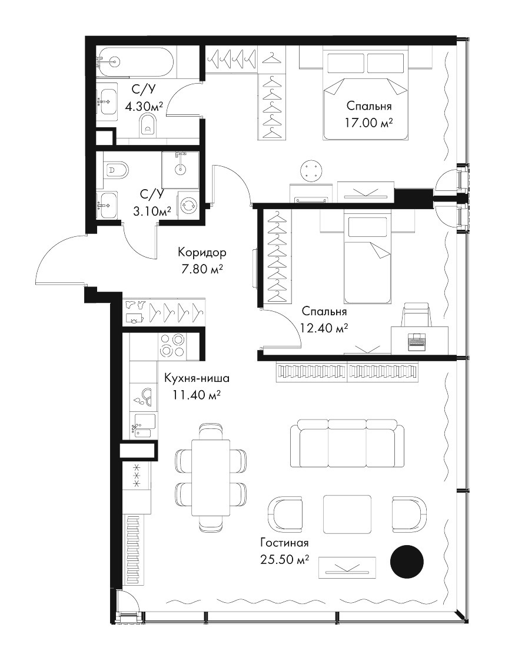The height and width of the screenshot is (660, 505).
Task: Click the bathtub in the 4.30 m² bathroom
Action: click(x=135, y=61)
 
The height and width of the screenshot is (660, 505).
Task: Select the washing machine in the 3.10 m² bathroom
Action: click(x=188, y=205)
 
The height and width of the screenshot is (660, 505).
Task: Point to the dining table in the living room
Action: click(x=211, y=477)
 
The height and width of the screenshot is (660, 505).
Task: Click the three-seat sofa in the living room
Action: click(x=347, y=443)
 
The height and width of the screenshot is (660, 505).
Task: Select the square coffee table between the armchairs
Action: click(x=347, y=514)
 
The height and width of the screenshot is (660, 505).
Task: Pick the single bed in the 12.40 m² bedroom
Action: click(x=367, y=258)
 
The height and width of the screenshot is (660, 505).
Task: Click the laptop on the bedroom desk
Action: click(x=417, y=341)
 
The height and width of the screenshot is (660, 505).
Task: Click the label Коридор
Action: click(x=202, y=253)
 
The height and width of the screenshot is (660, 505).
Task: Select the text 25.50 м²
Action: click(x=285, y=560)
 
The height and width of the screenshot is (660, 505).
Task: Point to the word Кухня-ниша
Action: click(x=197, y=378)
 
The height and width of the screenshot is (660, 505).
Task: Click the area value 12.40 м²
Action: click(x=324, y=327)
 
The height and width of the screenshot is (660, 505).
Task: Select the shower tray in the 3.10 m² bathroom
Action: click(x=181, y=170)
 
